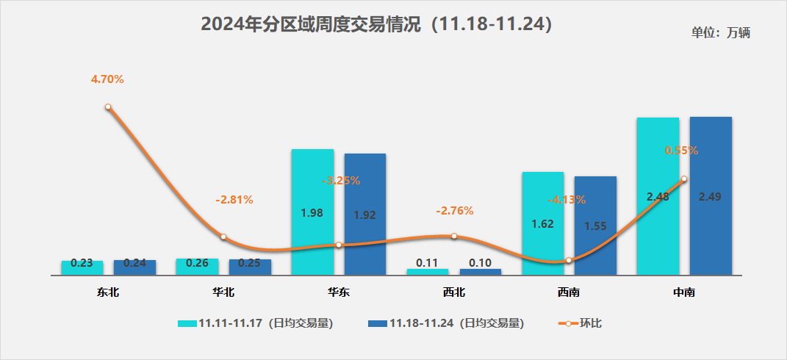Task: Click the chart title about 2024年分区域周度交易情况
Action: [x=376, y=24]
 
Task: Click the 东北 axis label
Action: [x=107, y=292]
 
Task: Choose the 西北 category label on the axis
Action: [x=453, y=292]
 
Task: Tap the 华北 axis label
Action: [x=223, y=292]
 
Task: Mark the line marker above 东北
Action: [x=108, y=107]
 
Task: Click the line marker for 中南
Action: [x=684, y=179]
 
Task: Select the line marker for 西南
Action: [x=569, y=260]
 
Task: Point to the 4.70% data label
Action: [x=107, y=79]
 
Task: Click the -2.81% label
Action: [x=234, y=199]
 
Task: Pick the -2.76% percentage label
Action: [x=455, y=211]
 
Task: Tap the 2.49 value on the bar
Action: [x=711, y=196]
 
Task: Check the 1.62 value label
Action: [x=542, y=223]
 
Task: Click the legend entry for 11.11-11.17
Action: [x=256, y=323]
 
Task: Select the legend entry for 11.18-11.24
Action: [x=445, y=323]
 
